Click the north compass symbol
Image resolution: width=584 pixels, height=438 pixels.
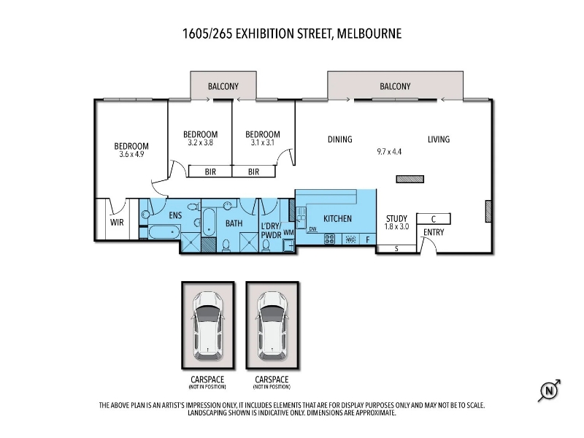[x=550, y=391]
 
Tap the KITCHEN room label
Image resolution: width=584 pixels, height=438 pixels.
[x=337, y=218]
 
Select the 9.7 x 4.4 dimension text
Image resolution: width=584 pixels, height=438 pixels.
[x=389, y=152]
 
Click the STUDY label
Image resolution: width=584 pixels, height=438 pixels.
[x=396, y=218]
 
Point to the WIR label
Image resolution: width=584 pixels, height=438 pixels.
[x=117, y=223]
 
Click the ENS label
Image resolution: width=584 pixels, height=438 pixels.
[x=175, y=215]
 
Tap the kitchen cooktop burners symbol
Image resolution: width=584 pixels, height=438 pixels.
[x=330, y=239]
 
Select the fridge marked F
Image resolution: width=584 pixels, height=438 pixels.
[x=368, y=239]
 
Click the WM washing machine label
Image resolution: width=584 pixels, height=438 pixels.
[x=288, y=232]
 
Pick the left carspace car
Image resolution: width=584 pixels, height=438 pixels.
[x=208, y=326]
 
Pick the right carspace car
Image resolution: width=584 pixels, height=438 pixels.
[x=272, y=326]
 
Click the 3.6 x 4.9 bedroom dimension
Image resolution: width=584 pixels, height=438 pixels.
[x=131, y=154]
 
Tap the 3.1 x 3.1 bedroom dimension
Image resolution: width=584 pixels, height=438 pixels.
[x=263, y=142]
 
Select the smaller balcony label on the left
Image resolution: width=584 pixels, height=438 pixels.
[x=223, y=86]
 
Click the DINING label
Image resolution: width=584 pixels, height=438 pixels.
[x=340, y=139]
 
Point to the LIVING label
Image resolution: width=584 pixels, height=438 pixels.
[x=439, y=139]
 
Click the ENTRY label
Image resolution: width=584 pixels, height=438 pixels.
[x=434, y=232]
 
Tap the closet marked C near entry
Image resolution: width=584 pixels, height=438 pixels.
[x=434, y=218]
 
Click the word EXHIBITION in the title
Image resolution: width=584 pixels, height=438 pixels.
[x=265, y=34]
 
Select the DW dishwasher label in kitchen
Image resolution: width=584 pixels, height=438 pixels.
[x=313, y=229]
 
